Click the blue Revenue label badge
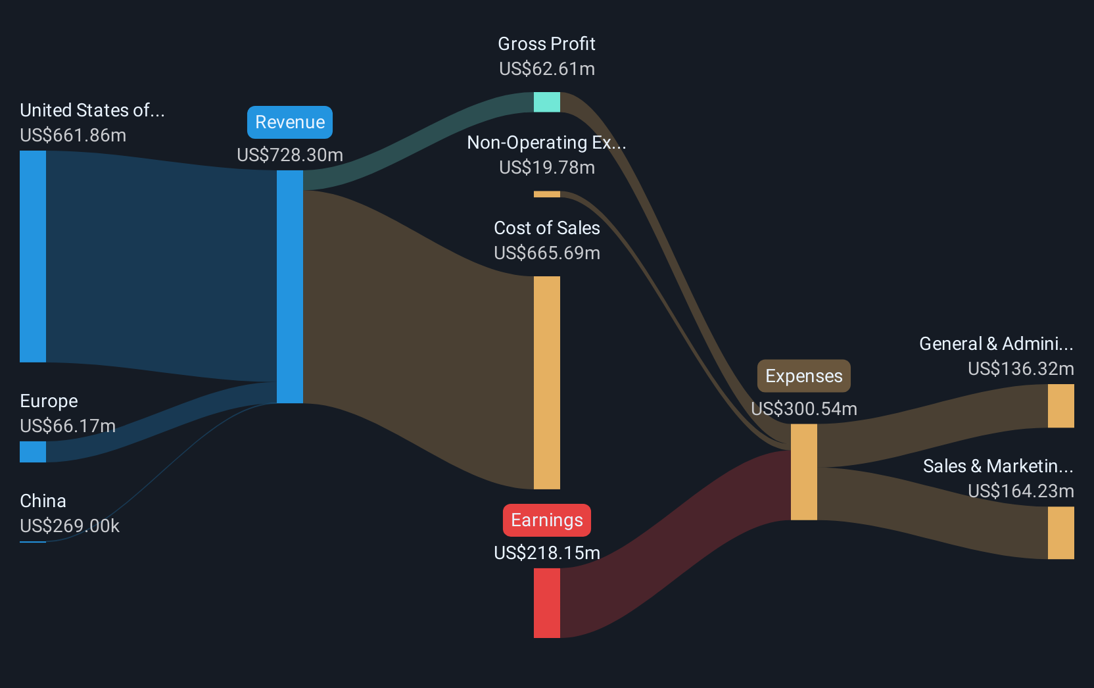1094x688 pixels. [290, 122]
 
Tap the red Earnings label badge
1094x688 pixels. [546, 520]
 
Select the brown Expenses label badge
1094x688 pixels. [804, 376]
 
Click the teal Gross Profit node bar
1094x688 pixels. [546, 102]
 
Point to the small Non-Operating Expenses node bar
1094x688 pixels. [546, 194]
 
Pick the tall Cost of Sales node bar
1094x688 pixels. [546, 383]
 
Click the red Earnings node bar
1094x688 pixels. [546, 603]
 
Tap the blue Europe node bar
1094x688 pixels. [33, 451]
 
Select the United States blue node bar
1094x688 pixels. [33, 257]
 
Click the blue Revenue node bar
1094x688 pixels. [290, 287]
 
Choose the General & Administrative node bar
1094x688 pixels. [1060, 406]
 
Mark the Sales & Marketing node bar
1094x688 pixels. [1060, 533]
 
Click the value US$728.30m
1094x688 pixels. [290, 155]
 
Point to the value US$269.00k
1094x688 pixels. [69, 526]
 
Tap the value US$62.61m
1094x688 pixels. [546, 69]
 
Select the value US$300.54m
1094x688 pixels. [804, 408]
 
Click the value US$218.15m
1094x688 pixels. [546, 553]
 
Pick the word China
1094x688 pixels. [43, 501]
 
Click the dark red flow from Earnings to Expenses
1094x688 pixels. [675, 545]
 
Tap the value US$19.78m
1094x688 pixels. [546, 168]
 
